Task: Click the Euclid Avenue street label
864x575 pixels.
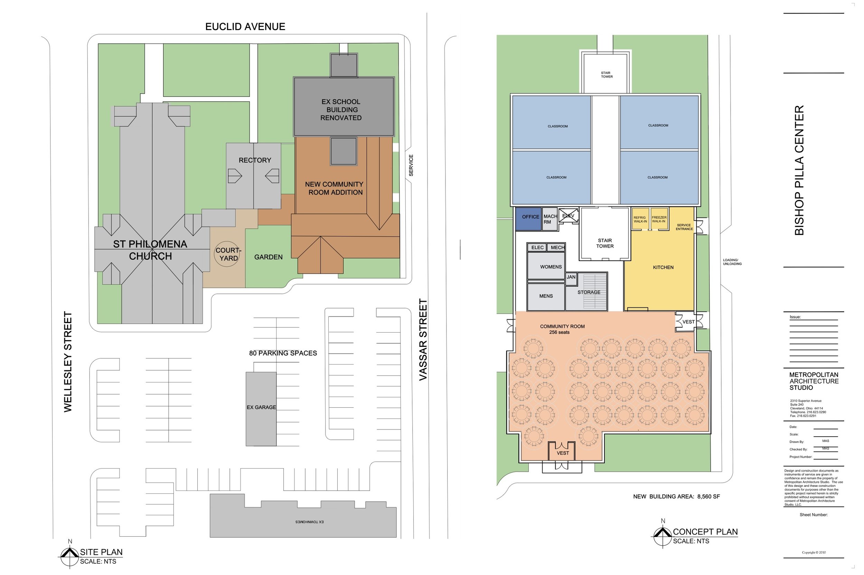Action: (245, 26)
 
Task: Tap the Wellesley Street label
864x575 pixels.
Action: (68, 362)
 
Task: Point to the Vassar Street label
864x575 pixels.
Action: (423, 340)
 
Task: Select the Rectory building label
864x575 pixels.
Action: (255, 160)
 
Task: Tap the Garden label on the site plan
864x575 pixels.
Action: (268, 257)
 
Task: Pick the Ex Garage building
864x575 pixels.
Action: (261, 409)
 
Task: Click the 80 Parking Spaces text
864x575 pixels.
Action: (283, 353)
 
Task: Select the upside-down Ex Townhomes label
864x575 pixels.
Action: (309, 522)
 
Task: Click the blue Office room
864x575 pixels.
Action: (528, 219)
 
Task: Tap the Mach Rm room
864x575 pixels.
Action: (550, 219)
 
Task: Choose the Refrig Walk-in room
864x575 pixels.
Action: (640, 219)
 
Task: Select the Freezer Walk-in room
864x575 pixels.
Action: (659, 219)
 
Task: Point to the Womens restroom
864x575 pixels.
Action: (546, 266)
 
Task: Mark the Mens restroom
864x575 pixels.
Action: (546, 297)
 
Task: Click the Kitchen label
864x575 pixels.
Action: (663, 267)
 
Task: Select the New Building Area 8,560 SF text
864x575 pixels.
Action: (676, 497)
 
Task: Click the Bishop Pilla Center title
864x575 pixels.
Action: (799, 170)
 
